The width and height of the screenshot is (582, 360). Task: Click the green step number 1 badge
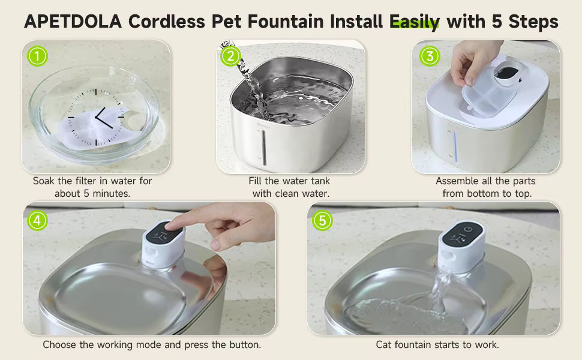pos(37,56)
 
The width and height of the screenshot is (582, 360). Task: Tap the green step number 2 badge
pos(230,56)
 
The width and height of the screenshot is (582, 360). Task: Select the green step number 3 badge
pos(429,56)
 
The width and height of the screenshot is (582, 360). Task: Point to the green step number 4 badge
pos(37,220)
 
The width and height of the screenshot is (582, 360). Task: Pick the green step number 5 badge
pos(322,220)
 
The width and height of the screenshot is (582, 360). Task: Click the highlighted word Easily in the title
pos(415,22)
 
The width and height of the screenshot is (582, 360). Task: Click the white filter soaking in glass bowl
pos(90,129)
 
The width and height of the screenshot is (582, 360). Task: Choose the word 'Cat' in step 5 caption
pos(384,345)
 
